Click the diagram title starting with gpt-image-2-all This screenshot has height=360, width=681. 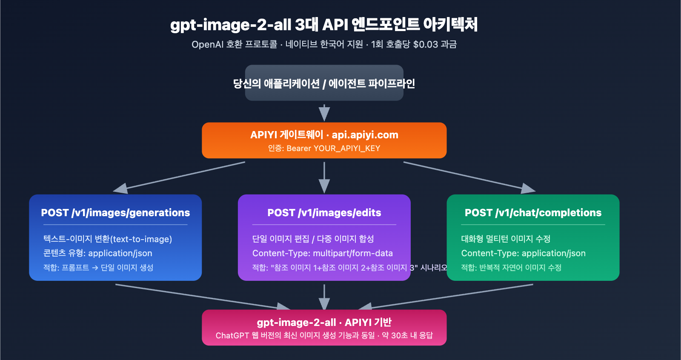(324, 25)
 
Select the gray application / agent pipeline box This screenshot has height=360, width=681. (324, 83)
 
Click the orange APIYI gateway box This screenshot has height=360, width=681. (324, 140)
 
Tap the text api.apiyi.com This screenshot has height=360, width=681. (365, 135)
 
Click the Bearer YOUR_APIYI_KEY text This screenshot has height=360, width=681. (333, 149)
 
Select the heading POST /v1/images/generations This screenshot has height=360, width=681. (115, 213)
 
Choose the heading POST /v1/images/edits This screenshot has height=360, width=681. (324, 213)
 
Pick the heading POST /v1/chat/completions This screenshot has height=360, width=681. (533, 213)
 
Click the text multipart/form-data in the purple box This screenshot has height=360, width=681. (352, 253)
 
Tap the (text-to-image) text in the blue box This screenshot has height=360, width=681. (141, 239)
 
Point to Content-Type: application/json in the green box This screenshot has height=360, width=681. (523, 253)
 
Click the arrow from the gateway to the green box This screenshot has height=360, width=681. (468, 175)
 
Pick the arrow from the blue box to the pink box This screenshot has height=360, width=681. (200, 297)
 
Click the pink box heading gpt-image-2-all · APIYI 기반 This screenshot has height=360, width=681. (324, 323)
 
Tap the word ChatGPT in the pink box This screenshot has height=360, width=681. (232, 335)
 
